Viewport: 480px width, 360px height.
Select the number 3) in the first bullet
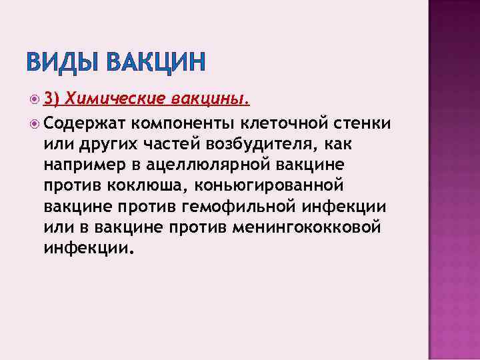click(52, 99)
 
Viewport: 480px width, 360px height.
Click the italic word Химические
click(116, 99)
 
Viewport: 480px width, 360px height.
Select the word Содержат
click(75, 123)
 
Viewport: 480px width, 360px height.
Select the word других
click(103, 144)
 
